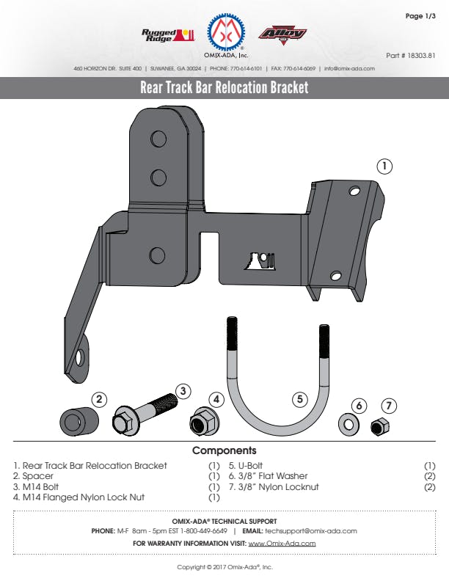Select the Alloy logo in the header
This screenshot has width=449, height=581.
click(x=282, y=34)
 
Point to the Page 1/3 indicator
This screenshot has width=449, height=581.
click(x=420, y=15)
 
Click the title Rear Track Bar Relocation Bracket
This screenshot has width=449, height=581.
click(x=224, y=88)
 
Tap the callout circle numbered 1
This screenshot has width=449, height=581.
click(x=384, y=166)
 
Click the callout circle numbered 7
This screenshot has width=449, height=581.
click(x=390, y=405)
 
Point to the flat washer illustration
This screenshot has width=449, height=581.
click(x=348, y=425)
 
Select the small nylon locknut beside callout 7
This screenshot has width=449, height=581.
click(x=380, y=425)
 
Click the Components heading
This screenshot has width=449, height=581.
click(x=224, y=450)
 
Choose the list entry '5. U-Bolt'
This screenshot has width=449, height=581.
click(x=246, y=466)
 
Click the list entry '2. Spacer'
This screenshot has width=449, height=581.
click(x=33, y=476)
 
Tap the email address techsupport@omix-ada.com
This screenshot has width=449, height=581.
click(x=311, y=530)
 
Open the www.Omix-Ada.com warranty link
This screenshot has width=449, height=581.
click(x=282, y=544)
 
